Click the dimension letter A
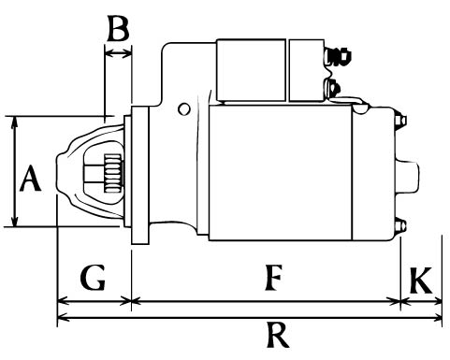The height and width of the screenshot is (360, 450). tap(30, 178)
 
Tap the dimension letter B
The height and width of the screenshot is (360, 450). tap(118, 28)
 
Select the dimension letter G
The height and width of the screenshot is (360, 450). tap(93, 278)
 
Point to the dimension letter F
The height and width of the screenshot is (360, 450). tap(273, 277)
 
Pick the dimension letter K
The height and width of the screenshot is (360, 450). tap(421, 281)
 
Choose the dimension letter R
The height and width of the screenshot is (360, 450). tap(278, 335)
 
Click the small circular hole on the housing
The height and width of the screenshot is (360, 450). tap(183, 108)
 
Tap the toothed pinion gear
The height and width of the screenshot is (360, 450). tap(112, 173)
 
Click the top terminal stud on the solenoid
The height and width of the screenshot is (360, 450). tap(338, 56)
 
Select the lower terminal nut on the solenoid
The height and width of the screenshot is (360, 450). tap(332, 88)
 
